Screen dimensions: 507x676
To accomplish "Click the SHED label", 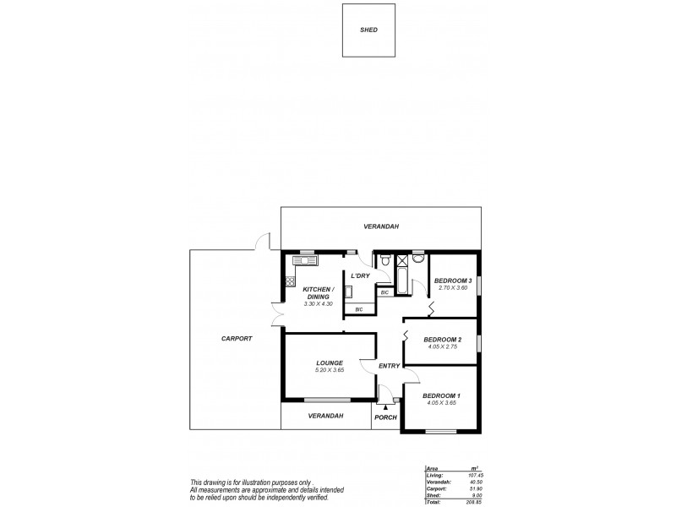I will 369,30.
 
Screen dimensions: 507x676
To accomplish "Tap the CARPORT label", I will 236,338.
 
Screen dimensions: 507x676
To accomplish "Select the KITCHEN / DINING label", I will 319,293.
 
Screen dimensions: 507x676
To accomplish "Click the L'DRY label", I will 361,276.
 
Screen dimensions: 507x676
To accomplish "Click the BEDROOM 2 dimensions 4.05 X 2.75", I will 442,346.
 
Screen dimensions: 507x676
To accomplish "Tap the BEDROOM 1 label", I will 441,395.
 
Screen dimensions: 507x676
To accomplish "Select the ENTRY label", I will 389,365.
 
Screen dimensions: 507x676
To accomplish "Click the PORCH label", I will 385,417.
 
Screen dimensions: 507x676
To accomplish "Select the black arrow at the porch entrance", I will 385,406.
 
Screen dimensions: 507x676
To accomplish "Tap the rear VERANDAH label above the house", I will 381,226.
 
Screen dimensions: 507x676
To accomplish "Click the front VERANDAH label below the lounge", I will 325,416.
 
